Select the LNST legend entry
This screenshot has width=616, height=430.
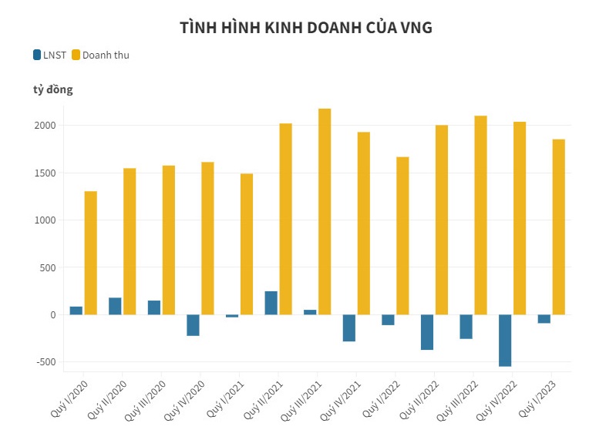click(49, 55)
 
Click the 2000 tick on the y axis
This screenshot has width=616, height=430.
click(45, 126)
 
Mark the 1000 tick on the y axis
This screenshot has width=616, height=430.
click(45, 220)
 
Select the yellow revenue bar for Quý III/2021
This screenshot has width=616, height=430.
click(325, 211)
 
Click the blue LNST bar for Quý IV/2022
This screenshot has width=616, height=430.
click(505, 340)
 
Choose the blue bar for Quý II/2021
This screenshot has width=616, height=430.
click(271, 303)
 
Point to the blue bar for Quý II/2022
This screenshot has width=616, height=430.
click(426, 332)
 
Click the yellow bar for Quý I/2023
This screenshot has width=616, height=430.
click(558, 227)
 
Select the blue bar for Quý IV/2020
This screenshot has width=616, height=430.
click(193, 325)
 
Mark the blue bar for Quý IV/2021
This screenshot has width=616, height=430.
click(348, 328)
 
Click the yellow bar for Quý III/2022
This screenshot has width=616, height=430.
click(480, 215)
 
